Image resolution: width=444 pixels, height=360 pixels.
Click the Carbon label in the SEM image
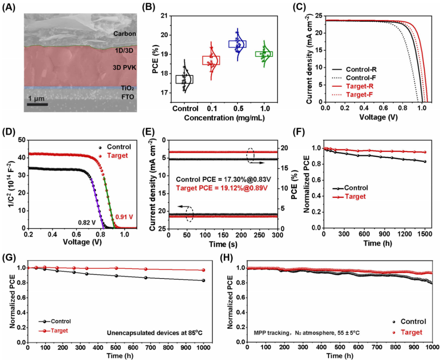point(125,34)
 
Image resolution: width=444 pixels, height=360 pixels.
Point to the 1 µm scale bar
point(37,105)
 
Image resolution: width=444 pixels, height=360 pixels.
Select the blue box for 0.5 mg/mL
point(238,44)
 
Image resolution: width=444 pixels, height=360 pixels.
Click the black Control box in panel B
point(184,79)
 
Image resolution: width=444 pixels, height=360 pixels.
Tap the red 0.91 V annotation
point(124,217)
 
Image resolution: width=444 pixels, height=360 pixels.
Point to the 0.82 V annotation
point(87,223)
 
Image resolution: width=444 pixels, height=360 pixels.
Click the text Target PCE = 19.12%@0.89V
point(222,188)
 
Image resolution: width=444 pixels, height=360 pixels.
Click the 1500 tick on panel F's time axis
point(425,234)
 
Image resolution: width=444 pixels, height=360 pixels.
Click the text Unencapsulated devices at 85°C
point(155,333)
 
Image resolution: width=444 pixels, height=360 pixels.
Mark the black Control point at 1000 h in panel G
point(203,280)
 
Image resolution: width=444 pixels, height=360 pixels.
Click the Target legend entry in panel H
point(407,332)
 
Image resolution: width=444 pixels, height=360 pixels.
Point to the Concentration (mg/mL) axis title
point(224,118)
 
